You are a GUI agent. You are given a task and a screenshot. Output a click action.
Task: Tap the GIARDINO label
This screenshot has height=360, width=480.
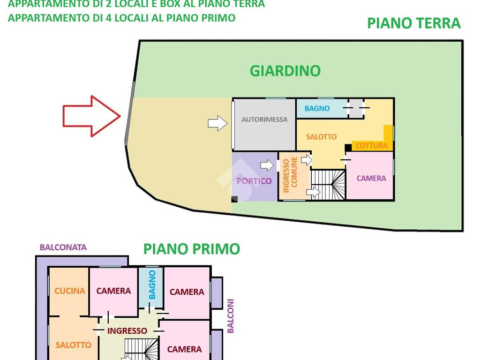285,71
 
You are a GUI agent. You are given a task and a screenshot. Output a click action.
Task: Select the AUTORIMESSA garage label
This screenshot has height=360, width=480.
264,120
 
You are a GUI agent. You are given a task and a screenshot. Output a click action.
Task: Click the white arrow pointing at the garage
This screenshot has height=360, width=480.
217,123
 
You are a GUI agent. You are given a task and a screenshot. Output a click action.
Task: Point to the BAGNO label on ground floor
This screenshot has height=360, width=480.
317,108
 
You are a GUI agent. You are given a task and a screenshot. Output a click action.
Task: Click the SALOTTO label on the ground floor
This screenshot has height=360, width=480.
322,137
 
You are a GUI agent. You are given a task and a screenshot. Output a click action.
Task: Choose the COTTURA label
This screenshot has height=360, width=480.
371,146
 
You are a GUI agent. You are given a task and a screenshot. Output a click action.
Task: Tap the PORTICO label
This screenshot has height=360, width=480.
254,181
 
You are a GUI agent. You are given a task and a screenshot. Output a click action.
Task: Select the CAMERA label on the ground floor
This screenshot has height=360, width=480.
371,178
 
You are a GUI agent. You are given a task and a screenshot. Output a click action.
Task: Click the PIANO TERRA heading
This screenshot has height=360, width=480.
413,23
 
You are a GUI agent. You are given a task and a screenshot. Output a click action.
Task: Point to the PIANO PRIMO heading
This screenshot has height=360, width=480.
192,249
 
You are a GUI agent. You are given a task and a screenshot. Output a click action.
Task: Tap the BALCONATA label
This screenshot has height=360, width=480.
63,247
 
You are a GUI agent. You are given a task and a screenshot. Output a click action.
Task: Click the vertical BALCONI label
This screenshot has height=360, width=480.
230,316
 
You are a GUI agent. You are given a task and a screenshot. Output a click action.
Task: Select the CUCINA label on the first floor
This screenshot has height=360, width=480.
70,291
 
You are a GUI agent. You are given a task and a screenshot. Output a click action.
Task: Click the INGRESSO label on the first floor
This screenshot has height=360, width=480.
127,330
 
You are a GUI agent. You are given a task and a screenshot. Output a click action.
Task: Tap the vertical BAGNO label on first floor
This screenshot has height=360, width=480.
152,285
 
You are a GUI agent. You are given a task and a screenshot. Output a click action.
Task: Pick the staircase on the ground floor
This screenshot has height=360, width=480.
328,184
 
